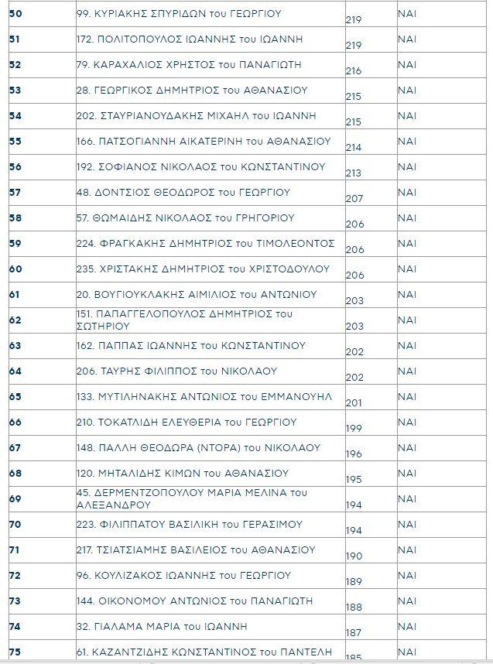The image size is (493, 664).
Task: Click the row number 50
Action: (x=15, y=14)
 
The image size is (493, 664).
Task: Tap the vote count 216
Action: (x=354, y=71)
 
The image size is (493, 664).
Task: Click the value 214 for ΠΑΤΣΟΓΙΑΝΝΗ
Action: (x=354, y=147)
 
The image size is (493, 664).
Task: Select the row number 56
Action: (x=15, y=167)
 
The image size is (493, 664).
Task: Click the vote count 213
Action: (x=354, y=173)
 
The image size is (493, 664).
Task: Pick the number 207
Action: (x=354, y=199)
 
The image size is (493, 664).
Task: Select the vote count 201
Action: (x=354, y=402)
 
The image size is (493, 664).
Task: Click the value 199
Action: (x=354, y=428)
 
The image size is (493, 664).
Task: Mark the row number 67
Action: (x=15, y=448)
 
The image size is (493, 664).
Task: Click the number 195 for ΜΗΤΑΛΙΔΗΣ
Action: (x=354, y=480)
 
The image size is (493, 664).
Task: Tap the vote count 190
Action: (x=354, y=556)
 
